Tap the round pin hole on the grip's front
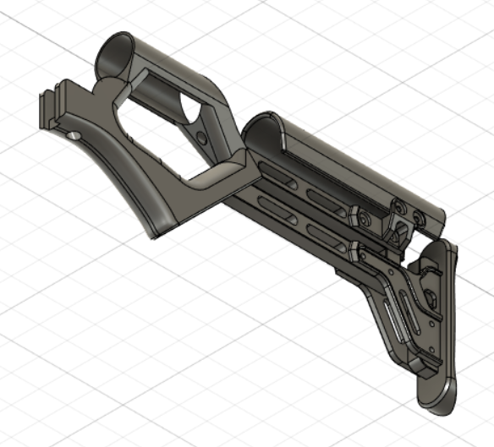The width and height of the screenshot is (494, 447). tap(74, 135)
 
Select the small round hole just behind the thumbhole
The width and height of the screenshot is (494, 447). tap(201, 136)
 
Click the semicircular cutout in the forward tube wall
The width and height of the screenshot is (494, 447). tap(190, 109)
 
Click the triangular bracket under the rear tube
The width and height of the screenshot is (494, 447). tap(398, 228)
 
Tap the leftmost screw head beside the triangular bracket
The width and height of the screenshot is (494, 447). tap(362, 218)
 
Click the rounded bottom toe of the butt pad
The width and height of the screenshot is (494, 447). tap(439, 397)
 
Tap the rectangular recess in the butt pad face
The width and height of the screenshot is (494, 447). tap(429, 295)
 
